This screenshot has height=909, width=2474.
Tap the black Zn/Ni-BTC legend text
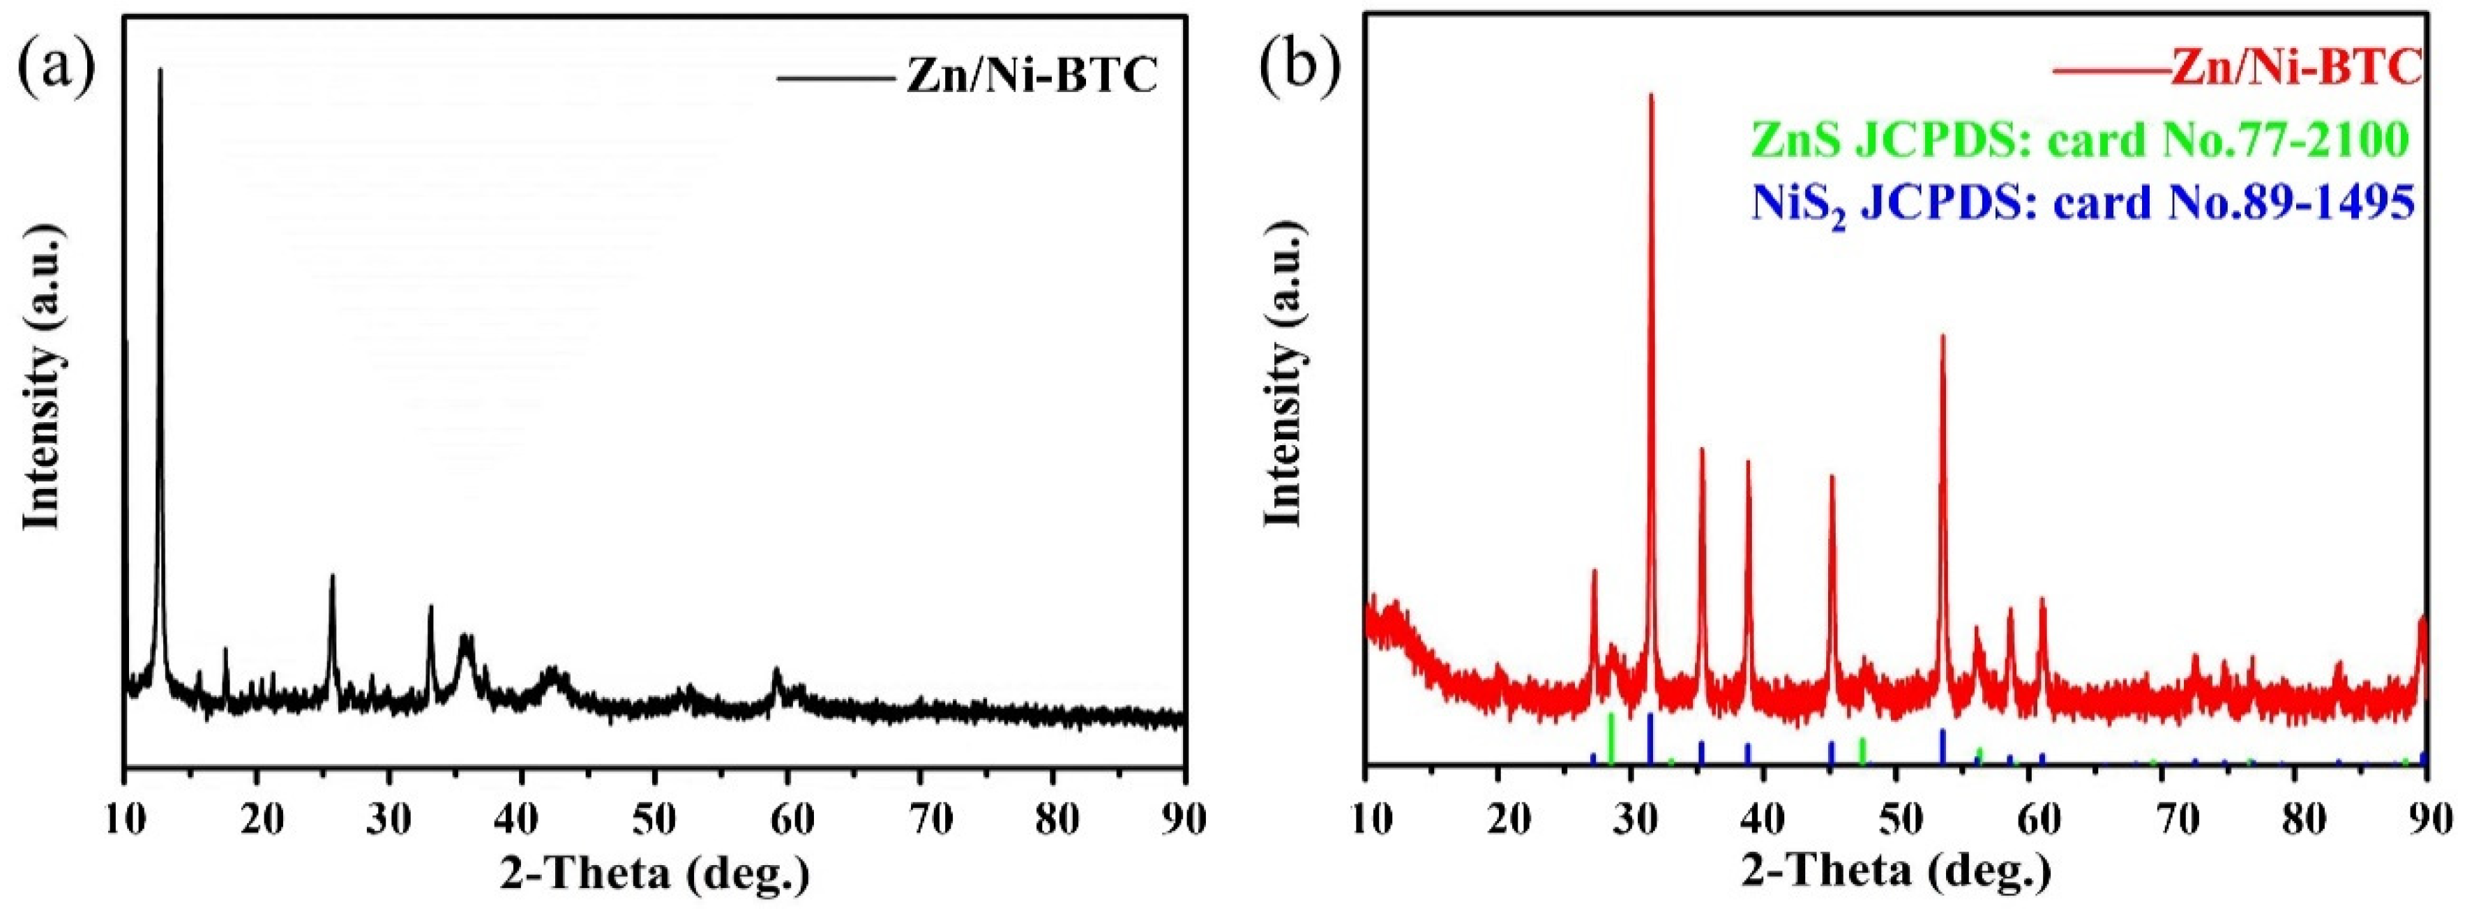point(1032,77)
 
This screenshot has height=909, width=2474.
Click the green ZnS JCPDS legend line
point(2080,140)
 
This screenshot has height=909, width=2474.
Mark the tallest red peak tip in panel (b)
point(1651,95)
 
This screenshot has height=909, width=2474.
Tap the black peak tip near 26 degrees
point(332,576)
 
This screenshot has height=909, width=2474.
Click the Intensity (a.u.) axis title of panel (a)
point(43,384)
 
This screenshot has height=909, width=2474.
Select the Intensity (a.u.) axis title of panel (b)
point(1284,384)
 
